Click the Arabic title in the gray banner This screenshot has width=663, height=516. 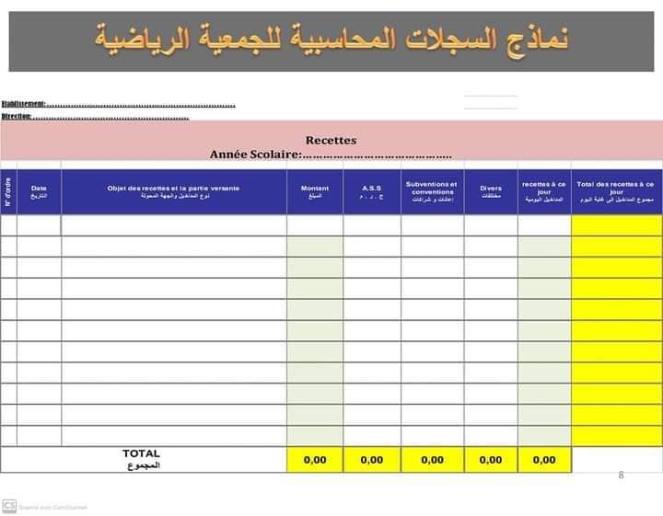coord(331,39)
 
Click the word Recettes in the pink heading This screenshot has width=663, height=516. coord(331,141)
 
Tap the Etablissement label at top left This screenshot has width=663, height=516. coord(23,104)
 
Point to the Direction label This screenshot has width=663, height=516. coord(17,116)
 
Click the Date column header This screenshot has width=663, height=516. coord(39,191)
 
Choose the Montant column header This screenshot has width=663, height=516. coord(315,191)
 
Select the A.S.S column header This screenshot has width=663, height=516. coord(372,191)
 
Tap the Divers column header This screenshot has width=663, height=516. coord(491,191)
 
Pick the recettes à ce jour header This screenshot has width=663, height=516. coord(544,191)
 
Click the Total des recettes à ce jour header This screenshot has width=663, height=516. coord(616,191)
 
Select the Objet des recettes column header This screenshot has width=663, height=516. coord(174,191)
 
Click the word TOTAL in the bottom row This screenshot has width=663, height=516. coord(141,453)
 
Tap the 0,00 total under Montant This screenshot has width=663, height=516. coord(315,460)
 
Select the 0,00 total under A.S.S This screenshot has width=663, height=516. coord(372,460)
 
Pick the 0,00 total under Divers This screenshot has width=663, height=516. coord(491,460)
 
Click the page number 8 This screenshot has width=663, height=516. coord(622,476)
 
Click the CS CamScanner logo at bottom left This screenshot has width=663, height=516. coord(9,505)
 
